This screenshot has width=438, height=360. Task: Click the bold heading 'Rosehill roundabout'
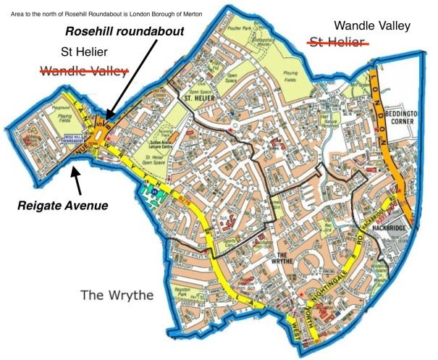point(125,33)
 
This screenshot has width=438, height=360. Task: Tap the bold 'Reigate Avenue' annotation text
point(63,205)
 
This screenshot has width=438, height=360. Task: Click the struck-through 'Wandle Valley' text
point(84,70)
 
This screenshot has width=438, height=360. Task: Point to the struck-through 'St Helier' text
point(335,41)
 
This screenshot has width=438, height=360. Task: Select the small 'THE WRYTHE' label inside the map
point(285,257)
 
